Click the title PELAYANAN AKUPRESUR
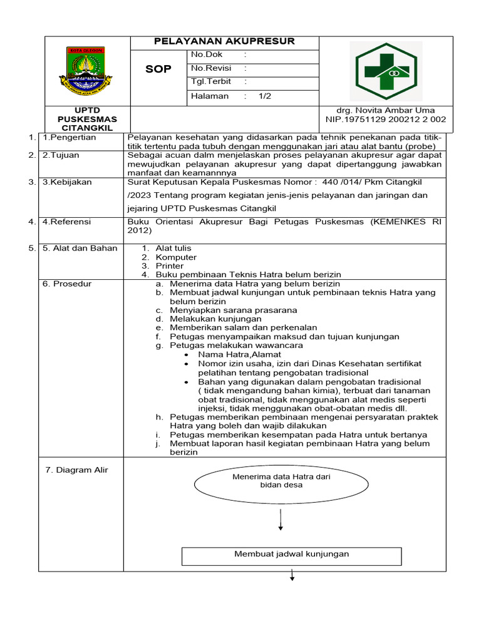click(x=224, y=42)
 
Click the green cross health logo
click(x=386, y=71)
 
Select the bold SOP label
click(x=158, y=69)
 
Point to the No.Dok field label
click(x=207, y=55)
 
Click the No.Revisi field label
click(x=210, y=68)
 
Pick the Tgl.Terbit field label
click(x=211, y=81)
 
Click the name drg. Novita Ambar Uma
click(x=385, y=110)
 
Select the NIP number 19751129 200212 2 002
click(x=385, y=119)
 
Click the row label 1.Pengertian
click(x=69, y=137)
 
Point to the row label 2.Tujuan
click(x=61, y=155)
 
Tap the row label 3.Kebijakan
click(x=66, y=182)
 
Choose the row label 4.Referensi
click(x=66, y=222)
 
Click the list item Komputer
click(x=176, y=257)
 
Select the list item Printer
click(x=170, y=266)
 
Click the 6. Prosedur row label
click(x=67, y=284)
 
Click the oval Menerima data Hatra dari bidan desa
click(x=281, y=481)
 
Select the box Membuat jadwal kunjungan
click(x=291, y=555)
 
